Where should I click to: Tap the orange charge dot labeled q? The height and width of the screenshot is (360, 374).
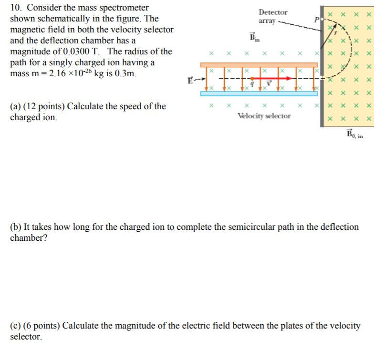tap(251, 78)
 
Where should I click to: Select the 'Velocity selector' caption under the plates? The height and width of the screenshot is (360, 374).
tap(264, 116)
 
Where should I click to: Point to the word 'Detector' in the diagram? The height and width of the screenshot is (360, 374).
tap(273, 12)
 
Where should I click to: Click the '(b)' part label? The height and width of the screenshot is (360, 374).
tap(16, 227)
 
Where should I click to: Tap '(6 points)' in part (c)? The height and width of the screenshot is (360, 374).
tap(41, 326)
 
